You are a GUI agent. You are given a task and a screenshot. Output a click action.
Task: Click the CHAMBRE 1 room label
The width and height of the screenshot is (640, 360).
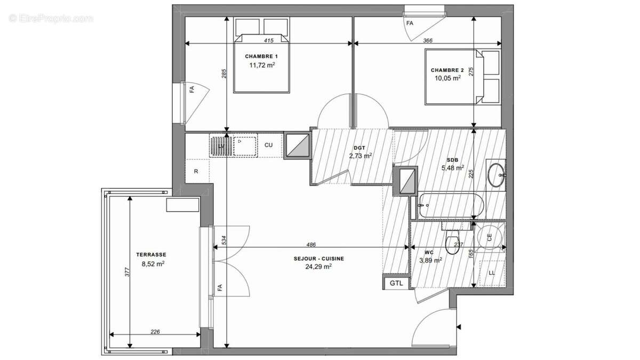261,57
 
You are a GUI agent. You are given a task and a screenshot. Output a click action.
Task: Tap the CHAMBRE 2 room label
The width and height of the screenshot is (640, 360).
447,70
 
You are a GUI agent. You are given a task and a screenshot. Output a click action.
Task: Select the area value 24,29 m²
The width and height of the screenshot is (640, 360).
318,267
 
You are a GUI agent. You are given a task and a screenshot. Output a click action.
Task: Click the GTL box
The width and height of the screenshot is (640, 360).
396,283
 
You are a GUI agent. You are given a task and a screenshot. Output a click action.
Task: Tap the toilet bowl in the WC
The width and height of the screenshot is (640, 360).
453,244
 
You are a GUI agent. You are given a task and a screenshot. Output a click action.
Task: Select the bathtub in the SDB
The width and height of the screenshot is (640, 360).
451,205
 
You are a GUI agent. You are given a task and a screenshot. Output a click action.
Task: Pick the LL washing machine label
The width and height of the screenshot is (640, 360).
491,273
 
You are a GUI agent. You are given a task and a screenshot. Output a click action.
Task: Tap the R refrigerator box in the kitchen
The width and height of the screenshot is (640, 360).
196,172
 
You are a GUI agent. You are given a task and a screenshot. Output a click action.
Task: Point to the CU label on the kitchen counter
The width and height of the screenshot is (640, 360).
269,145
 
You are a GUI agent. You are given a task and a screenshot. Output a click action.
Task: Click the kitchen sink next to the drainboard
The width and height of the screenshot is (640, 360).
244,145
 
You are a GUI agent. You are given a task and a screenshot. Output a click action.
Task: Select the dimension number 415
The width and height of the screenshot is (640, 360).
269,41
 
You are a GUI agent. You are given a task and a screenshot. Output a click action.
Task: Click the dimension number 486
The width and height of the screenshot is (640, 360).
311,245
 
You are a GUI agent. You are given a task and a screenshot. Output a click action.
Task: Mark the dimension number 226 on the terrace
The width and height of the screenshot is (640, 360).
155,332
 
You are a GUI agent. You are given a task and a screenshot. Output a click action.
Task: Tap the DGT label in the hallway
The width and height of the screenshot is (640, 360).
358,148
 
